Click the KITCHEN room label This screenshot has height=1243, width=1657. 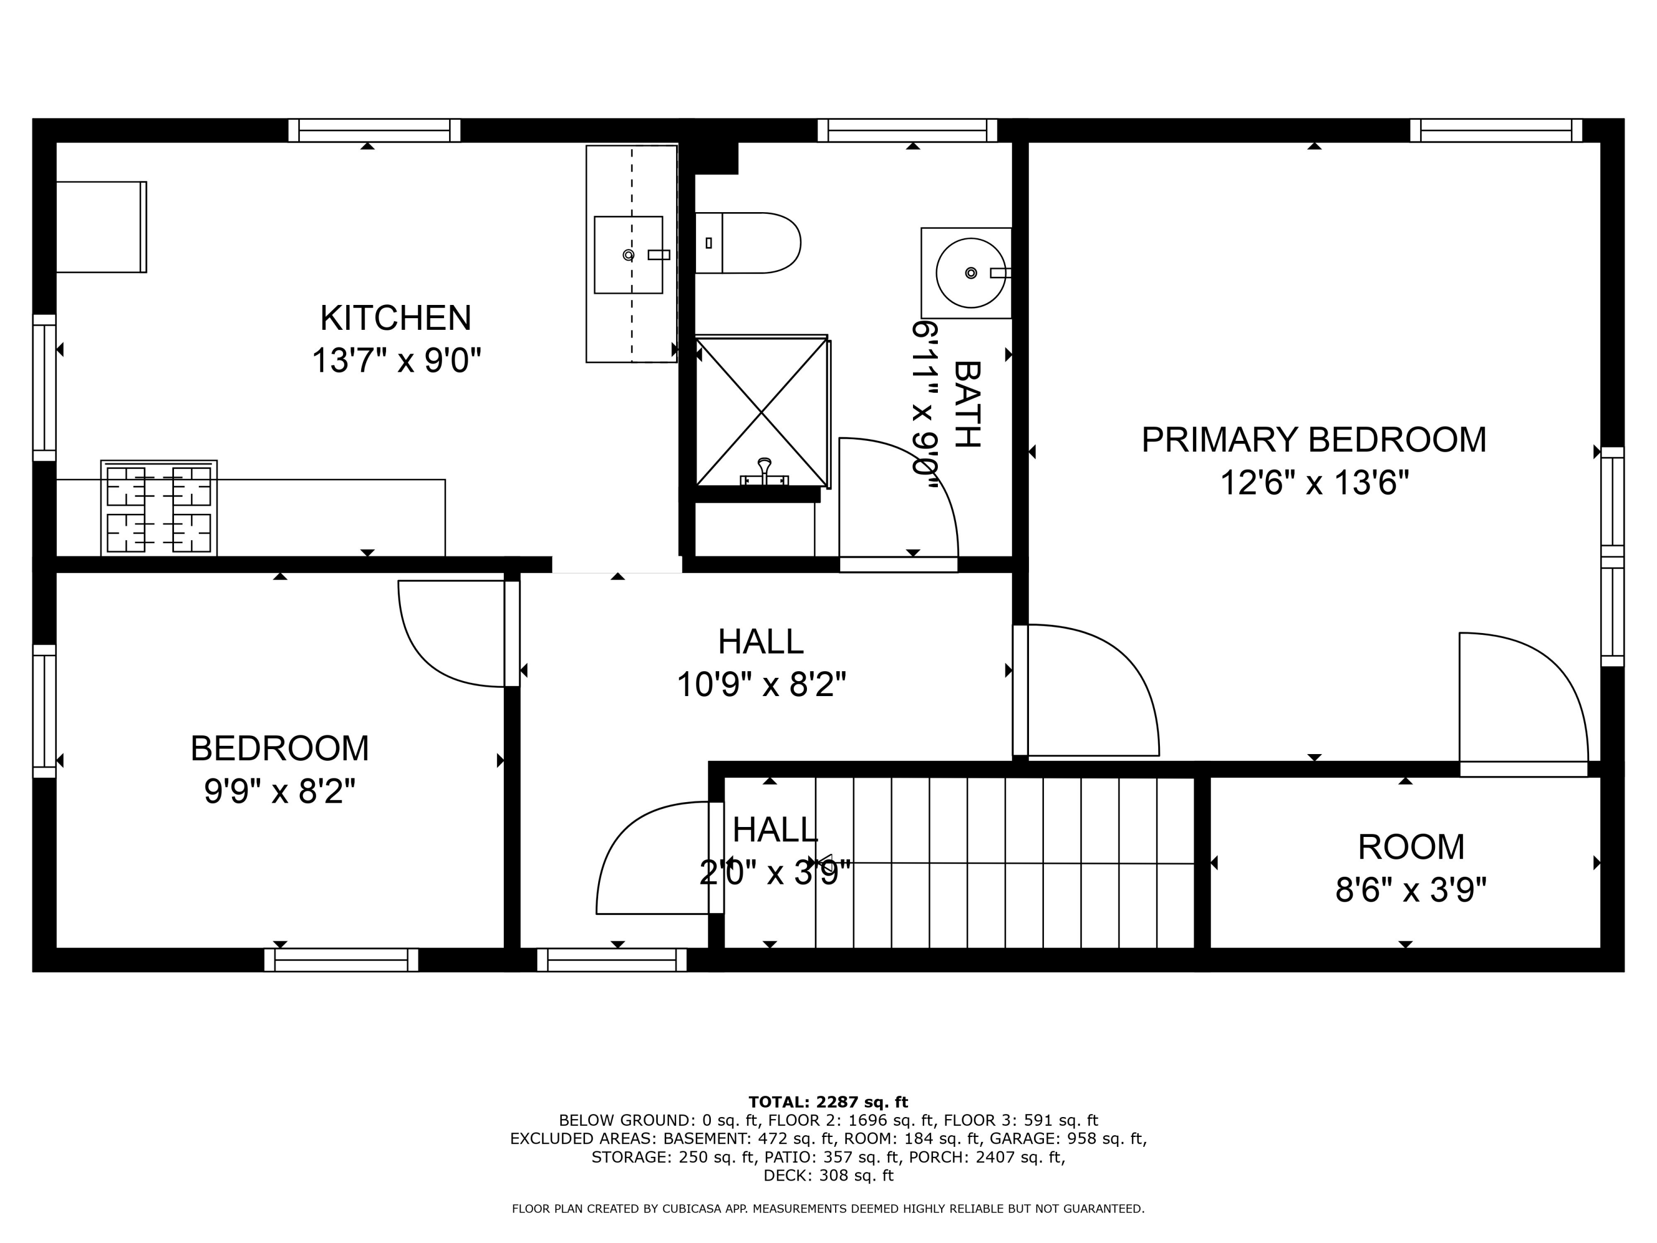pyautogui.click(x=395, y=318)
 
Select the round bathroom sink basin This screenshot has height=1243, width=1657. pyautogui.click(x=970, y=273)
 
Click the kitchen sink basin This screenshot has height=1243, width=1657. pyautogui.click(x=628, y=255)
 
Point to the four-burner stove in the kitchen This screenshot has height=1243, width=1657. pyautogui.click(x=159, y=509)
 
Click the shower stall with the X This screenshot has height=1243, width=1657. pyautogui.click(x=761, y=412)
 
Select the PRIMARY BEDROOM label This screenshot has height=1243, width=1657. pyautogui.click(x=1313, y=440)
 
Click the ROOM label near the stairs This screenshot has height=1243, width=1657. pyautogui.click(x=1411, y=847)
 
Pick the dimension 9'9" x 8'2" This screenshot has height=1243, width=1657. pyautogui.click(x=279, y=791)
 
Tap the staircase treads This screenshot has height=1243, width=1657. pyautogui.click(x=1004, y=862)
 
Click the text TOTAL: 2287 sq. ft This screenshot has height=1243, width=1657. pyautogui.click(x=828, y=1102)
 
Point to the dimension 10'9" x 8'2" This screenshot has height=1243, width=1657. pyautogui.click(x=761, y=684)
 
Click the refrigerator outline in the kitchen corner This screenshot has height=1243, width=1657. pyautogui.click(x=101, y=227)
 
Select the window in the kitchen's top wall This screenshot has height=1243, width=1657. pyautogui.click(x=374, y=130)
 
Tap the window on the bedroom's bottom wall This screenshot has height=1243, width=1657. pyautogui.click(x=341, y=961)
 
